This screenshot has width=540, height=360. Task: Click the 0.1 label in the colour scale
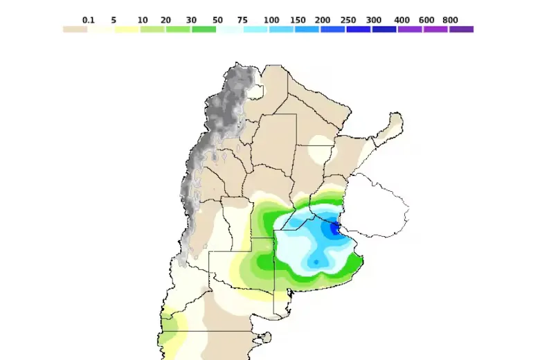pyautogui.click(x=88, y=20)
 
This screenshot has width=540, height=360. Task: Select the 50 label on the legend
pyautogui.click(x=217, y=20)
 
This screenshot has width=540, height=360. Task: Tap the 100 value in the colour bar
pyautogui.click(x=272, y=20)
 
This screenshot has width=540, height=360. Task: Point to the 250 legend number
pyautogui.click(x=348, y=20)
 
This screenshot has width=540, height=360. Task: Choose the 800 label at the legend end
pyautogui.click(x=450, y=20)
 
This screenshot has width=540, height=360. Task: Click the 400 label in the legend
pyautogui.click(x=402, y=20)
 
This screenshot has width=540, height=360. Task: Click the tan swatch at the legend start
pyautogui.click(x=75, y=29)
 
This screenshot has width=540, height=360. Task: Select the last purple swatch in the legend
pyautogui.click(x=462, y=29)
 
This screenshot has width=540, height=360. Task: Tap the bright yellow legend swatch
pyautogui.click(x=127, y=29)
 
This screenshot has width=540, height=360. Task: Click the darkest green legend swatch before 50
pyautogui.click(x=204, y=29)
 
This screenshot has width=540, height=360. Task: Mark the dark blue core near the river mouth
pyautogui.click(x=335, y=228)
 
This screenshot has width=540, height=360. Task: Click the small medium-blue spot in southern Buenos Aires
pyautogui.click(x=317, y=262)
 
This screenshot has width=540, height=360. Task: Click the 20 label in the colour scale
pyautogui.click(x=165, y=20)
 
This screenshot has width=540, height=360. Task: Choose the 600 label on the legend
pyautogui.click(x=426, y=20)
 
